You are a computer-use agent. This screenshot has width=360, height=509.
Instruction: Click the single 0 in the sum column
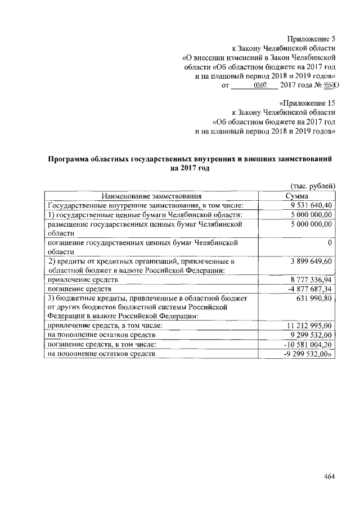329,242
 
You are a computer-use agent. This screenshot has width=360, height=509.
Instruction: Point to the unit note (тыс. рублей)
313,186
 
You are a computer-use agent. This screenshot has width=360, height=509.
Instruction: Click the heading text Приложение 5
311,39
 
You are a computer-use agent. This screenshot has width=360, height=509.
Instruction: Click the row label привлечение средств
83,280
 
